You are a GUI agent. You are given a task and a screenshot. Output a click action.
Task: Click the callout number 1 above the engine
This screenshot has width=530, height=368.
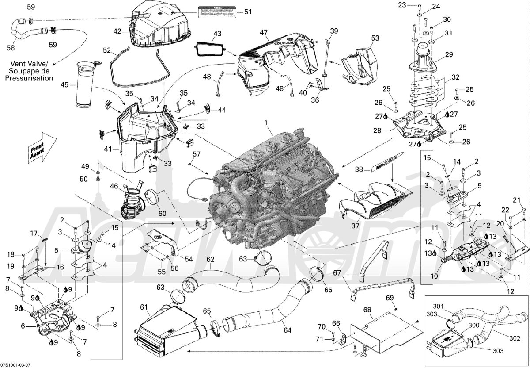265,122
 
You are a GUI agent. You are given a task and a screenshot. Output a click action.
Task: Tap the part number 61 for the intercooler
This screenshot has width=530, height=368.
144,307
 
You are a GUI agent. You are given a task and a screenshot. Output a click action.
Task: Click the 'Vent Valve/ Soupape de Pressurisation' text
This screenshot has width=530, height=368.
31,71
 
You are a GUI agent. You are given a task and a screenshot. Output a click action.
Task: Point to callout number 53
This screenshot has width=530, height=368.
375,38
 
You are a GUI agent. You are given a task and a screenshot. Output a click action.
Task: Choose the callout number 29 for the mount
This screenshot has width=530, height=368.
449,54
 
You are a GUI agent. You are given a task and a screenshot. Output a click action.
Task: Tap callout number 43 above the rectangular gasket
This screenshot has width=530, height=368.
217,34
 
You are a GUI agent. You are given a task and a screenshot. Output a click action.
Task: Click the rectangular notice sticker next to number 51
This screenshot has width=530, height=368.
217,12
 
